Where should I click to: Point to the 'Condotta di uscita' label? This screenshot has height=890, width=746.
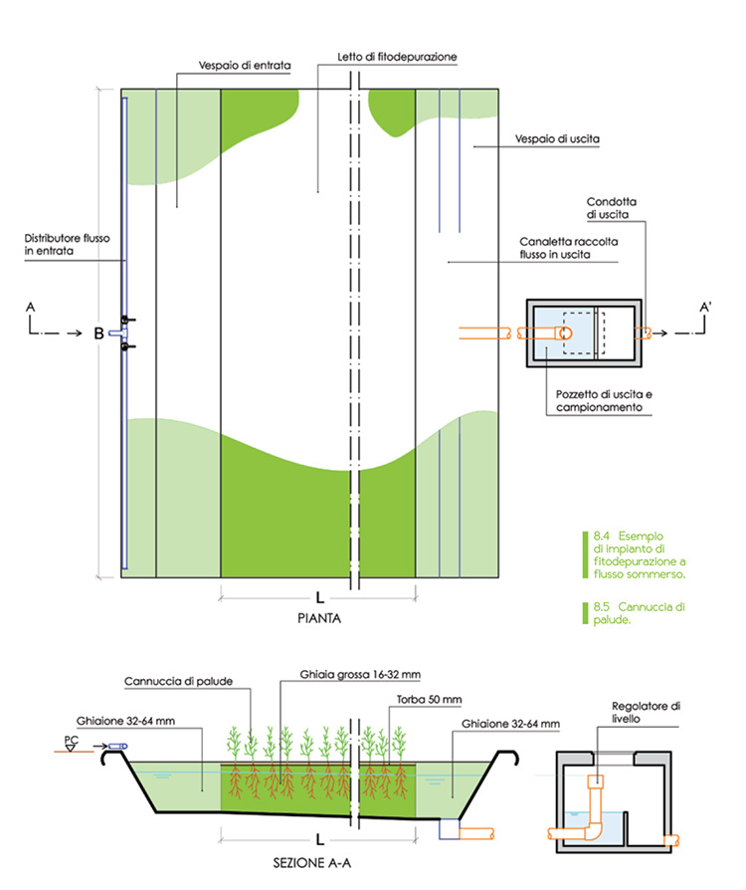point(612,207)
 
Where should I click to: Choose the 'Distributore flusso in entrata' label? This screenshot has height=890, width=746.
point(62,245)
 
